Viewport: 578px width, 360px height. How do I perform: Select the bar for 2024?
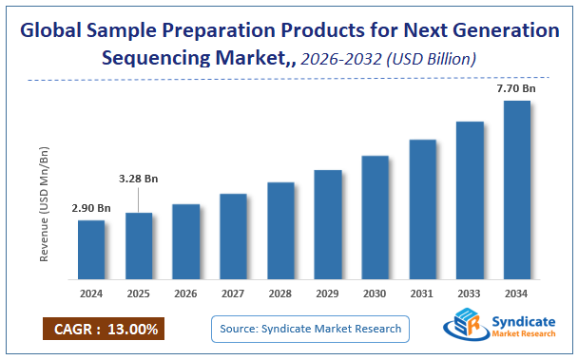(x=91, y=250)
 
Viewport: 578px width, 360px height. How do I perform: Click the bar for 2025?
(x=139, y=246)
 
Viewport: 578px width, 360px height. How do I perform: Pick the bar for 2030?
(x=375, y=218)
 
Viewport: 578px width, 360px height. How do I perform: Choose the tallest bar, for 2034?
(x=516, y=190)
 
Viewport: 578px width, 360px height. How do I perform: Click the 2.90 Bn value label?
(x=91, y=208)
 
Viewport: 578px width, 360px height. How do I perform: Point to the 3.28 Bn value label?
(x=139, y=178)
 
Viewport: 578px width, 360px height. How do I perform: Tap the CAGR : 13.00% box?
(x=102, y=330)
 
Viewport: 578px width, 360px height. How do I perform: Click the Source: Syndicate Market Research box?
(x=311, y=330)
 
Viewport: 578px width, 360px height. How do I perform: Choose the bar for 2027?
(x=233, y=237)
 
